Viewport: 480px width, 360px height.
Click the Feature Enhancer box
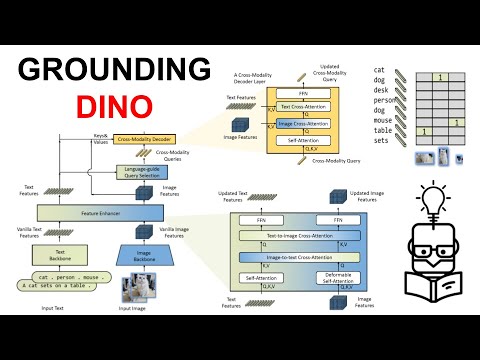click(x=92, y=213)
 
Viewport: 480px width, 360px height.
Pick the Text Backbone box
click(x=59, y=254)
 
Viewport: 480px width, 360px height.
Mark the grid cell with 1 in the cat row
click(x=441, y=77)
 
